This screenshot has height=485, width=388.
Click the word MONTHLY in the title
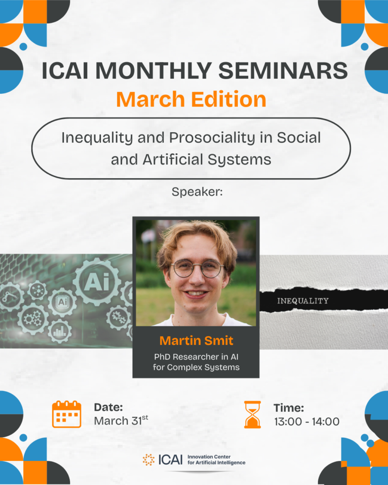point(153,71)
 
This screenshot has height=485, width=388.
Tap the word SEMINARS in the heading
point(283,71)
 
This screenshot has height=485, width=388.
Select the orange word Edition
point(228,99)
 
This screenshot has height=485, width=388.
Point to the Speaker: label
point(197,192)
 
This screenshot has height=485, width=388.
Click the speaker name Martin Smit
point(196,341)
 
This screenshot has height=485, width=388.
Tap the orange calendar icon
point(66,414)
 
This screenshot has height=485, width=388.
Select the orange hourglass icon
point(253,414)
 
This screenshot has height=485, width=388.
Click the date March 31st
point(121,421)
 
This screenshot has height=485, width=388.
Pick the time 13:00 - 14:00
point(307,421)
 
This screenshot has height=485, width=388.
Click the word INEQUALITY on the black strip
point(303,301)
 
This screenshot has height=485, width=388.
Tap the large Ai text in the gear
point(97,282)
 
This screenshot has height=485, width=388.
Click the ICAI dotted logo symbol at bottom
point(148,459)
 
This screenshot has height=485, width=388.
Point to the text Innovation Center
point(209,457)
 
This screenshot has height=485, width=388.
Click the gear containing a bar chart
point(59,331)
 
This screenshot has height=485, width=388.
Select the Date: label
point(108,407)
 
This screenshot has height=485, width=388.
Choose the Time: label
point(289,408)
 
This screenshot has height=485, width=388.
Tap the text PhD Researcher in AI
point(196,357)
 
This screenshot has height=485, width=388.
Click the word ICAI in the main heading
point(65,71)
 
